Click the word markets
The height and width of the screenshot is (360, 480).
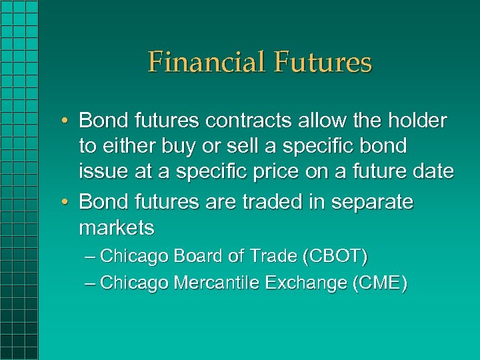117,228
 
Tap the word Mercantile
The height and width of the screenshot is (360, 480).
217,283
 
